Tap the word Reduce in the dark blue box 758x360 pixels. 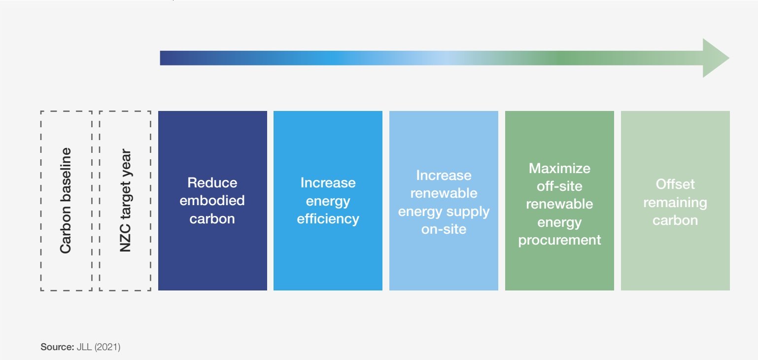(x=212, y=182)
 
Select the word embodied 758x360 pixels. (x=212, y=201)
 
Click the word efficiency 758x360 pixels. (x=328, y=219)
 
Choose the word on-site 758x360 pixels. (x=444, y=229)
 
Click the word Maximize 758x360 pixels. (x=559, y=168)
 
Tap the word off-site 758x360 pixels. (x=559, y=186)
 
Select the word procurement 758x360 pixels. (x=559, y=240)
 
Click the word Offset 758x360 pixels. (x=675, y=184)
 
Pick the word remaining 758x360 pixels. (x=675, y=203)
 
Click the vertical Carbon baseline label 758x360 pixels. (x=66, y=201)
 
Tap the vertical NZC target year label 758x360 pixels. (x=125, y=201)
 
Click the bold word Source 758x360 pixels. (x=57, y=347)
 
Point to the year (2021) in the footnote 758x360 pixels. (x=107, y=347)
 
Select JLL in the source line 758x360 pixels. (x=84, y=347)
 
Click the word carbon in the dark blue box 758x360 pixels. (x=212, y=219)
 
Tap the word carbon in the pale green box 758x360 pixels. (x=675, y=220)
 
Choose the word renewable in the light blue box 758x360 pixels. (x=444, y=193)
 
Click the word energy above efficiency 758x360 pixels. (x=328, y=202)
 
